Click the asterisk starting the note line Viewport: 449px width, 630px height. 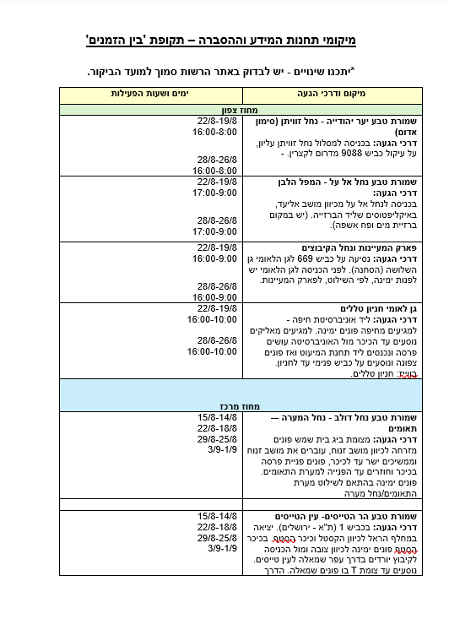pyautogui.click(x=353, y=73)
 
